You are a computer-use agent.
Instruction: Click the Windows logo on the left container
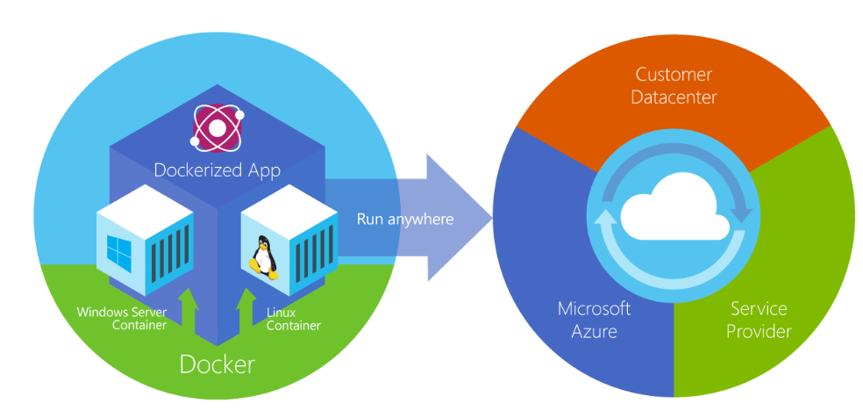pos(118,251)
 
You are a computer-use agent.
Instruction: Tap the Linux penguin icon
pos(260,256)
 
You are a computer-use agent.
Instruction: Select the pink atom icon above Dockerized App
pos(216,129)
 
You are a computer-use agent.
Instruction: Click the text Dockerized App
pos(217,169)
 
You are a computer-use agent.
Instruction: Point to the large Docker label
pos(217,363)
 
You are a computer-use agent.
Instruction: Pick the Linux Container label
pos(293,318)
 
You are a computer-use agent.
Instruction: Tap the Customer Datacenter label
pos(674,85)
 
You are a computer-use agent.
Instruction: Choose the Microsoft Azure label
pos(594,320)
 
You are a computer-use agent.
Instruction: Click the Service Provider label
pos(759,320)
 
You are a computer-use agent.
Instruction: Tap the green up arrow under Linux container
pos(246,309)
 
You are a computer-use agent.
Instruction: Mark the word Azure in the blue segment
pos(594,331)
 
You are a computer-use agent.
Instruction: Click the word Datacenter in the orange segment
pos(674,97)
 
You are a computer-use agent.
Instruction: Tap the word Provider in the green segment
pos(759,331)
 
